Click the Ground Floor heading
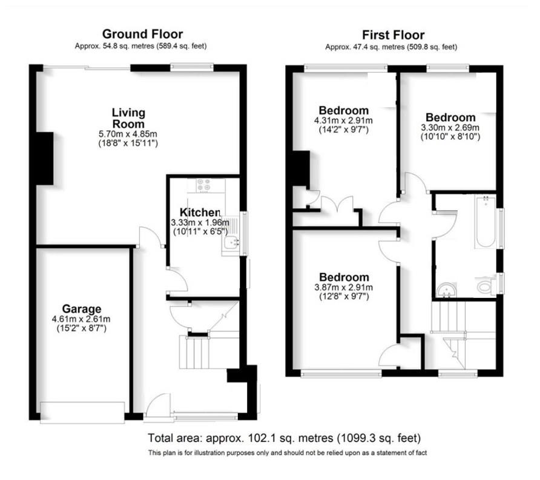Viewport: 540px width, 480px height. pos(142,34)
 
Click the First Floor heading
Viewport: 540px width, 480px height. pos(393,35)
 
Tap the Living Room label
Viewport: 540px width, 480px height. pos(128,117)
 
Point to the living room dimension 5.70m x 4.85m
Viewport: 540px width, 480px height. pos(129,134)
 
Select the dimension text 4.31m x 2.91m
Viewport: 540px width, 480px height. pos(343,120)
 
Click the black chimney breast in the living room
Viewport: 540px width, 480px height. pos(44,157)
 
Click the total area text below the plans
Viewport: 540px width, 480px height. pos(284,438)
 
